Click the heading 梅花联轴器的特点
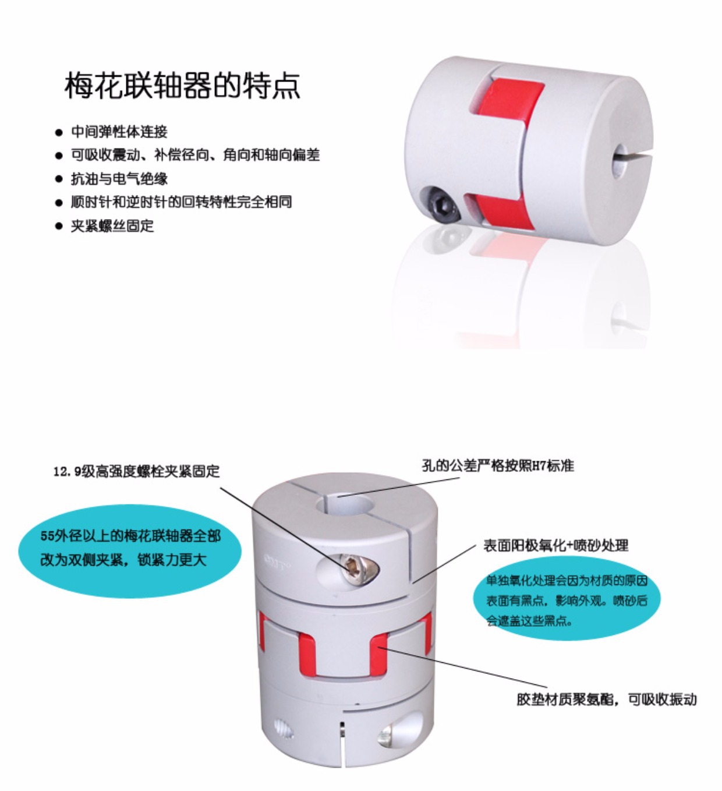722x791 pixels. (182, 85)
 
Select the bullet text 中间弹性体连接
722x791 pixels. (119, 132)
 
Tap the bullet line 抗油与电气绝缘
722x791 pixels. (119, 179)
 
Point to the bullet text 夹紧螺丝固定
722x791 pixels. (112, 226)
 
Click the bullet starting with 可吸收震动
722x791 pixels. (195, 155)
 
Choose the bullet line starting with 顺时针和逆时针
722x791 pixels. (182, 202)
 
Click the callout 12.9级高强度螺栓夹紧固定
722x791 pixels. (136, 471)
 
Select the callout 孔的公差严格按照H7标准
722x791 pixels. (498, 466)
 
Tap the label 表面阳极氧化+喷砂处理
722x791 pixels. (555, 546)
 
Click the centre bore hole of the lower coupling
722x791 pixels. (347, 506)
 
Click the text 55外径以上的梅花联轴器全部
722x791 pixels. (130, 536)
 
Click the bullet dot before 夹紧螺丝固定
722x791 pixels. (59, 227)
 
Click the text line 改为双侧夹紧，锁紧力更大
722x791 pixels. (123, 560)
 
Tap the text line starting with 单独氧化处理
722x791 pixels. (567, 580)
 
